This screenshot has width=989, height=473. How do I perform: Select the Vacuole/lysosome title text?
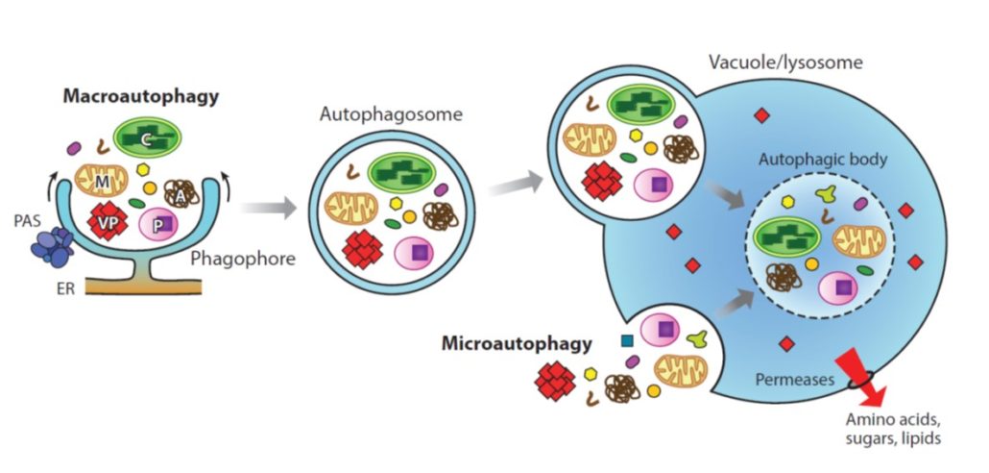pos(785,63)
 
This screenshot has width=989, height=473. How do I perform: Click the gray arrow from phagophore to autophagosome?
pos(263,207)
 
